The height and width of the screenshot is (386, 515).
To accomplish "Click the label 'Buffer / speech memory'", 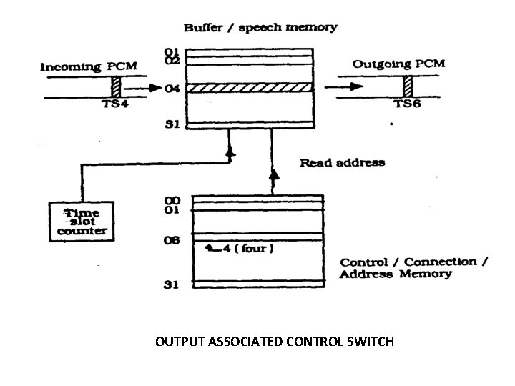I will [260, 28].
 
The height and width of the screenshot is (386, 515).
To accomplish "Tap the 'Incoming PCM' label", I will [89, 66].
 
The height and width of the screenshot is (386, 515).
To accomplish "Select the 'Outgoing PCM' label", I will [398, 64].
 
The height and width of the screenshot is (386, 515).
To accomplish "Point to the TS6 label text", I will [408, 104].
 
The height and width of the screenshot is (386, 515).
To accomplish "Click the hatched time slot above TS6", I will [408, 88].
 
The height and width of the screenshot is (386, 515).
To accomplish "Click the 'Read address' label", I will [341, 162].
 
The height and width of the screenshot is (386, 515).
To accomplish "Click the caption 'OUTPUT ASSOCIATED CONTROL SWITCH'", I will [275, 342].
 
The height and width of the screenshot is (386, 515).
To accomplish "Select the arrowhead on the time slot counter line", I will [230, 152].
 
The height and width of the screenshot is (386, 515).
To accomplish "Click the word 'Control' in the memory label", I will [363, 262].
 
